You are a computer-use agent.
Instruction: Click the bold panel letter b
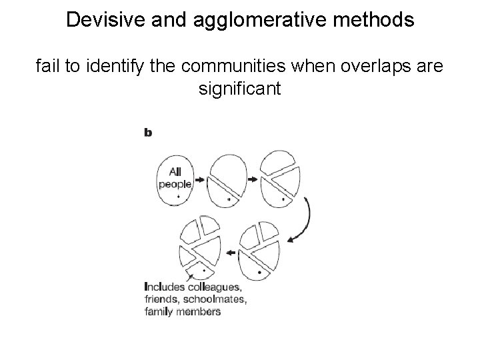[148, 133]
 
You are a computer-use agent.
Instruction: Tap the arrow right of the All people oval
[201, 179]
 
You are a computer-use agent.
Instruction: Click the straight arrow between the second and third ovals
[253, 179]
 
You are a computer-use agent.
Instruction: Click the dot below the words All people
[179, 197]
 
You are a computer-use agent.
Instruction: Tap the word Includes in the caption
[163, 287]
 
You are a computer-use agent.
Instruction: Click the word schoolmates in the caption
[216, 299]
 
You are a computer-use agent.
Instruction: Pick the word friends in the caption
[161, 299]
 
